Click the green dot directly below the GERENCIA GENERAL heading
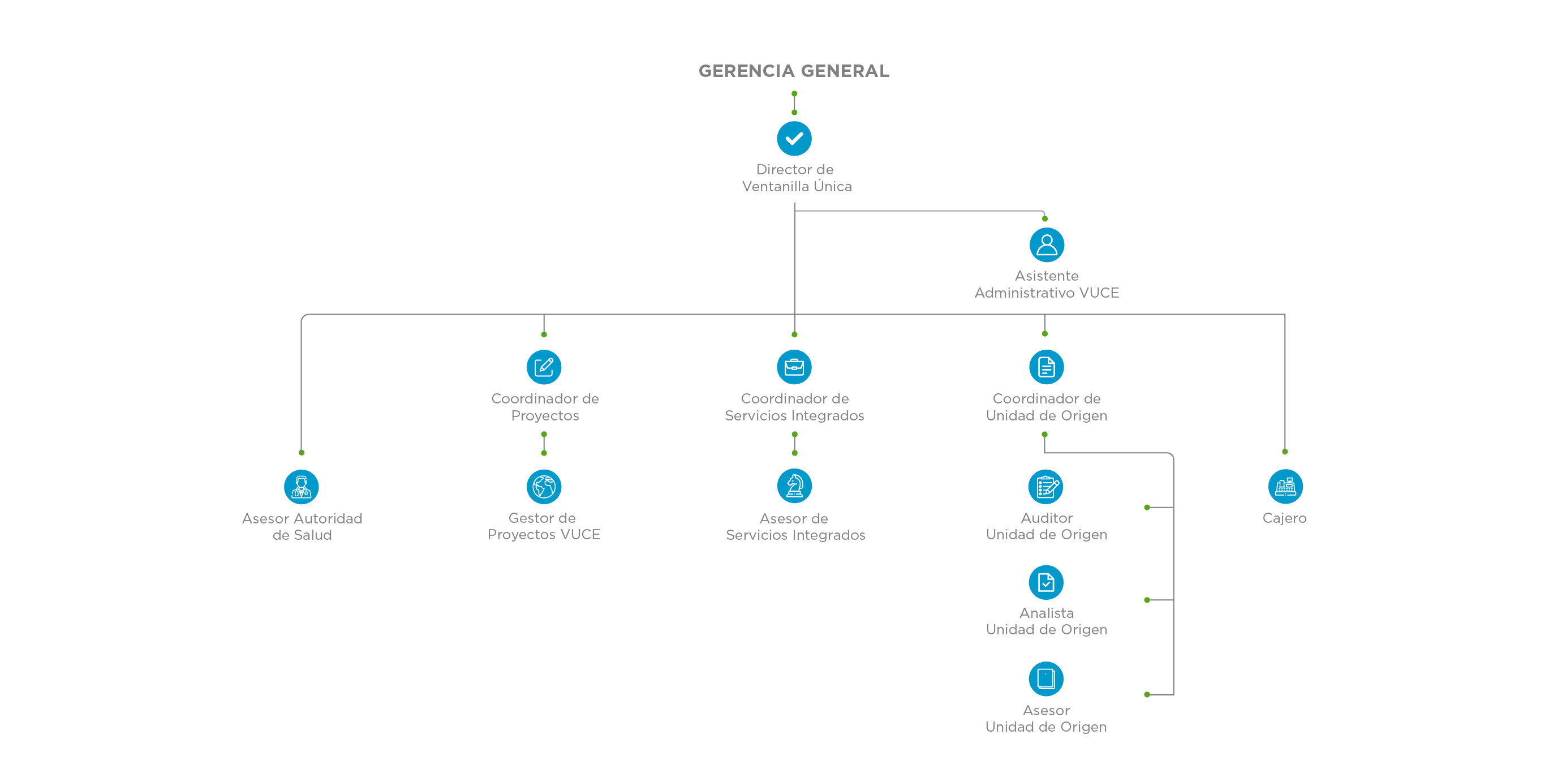click(x=794, y=94)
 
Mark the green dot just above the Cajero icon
click(x=1285, y=452)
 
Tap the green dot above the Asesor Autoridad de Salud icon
click(x=302, y=452)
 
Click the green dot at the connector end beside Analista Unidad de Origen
click(x=1147, y=600)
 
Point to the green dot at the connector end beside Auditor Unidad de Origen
click(x=1147, y=508)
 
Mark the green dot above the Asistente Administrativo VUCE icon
click(x=1045, y=219)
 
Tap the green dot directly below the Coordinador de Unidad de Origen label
click(x=1044, y=434)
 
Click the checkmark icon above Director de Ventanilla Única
click(x=794, y=138)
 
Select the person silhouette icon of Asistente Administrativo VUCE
click(x=1047, y=244)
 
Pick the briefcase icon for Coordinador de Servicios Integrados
click(x=794, y=367)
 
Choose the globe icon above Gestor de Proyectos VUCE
click(x=544, y=487)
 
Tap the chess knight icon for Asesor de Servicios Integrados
click(x=794, y=486)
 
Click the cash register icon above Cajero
click(x=1285, y=487)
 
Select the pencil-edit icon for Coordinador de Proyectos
click(x=544, y=367)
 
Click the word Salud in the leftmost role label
click(x=313, y=535)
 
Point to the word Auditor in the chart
click(x=1047, y=518)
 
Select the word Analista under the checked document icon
click(x=1047, y=613)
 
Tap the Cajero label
click(x=1285, y=518)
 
